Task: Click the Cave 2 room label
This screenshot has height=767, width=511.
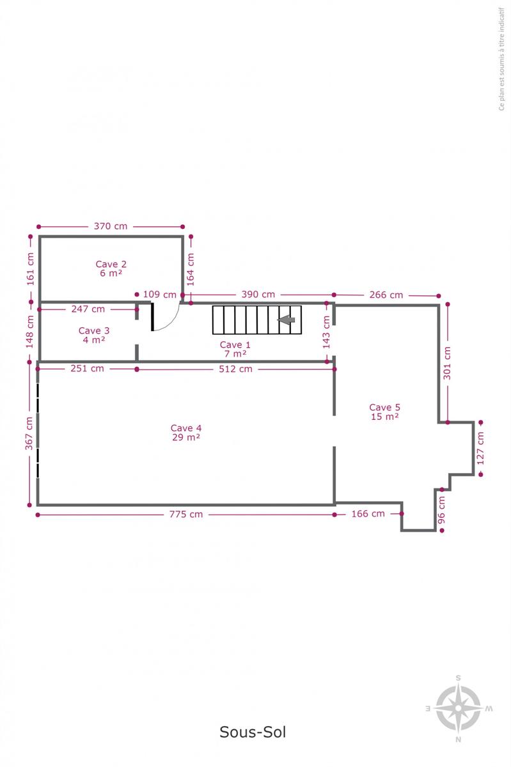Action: tap(111, 268)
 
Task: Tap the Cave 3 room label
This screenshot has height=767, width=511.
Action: tap(94, 335)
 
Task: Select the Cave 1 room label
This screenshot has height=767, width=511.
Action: tap(235, 349)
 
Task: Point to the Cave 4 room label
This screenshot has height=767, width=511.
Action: tap(186, 433)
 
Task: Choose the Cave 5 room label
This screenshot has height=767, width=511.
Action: tap(384, 412)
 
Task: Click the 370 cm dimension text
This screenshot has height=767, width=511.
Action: tap(111, 226)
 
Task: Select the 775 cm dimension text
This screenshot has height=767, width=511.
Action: tap(186, 515)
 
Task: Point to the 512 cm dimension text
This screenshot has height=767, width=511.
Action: tap(236, 369)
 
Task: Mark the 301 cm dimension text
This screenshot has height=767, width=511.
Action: tap(447, 363)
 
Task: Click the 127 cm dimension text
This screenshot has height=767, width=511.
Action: tap(480, 448)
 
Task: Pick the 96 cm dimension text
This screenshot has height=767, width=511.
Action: tap(442, 510)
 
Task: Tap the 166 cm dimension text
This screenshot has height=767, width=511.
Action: tap(368, 514)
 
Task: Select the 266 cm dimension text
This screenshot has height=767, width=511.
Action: tap(386, 295)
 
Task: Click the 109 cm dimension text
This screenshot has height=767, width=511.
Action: tap(160, 295)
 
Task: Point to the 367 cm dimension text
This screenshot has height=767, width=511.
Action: tap(29, 433)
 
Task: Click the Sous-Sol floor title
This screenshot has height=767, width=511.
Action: tap(253, 732)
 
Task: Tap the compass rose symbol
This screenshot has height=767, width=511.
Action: tap(459, 708)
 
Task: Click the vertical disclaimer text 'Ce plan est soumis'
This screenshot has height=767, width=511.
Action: tap(501, 59)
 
